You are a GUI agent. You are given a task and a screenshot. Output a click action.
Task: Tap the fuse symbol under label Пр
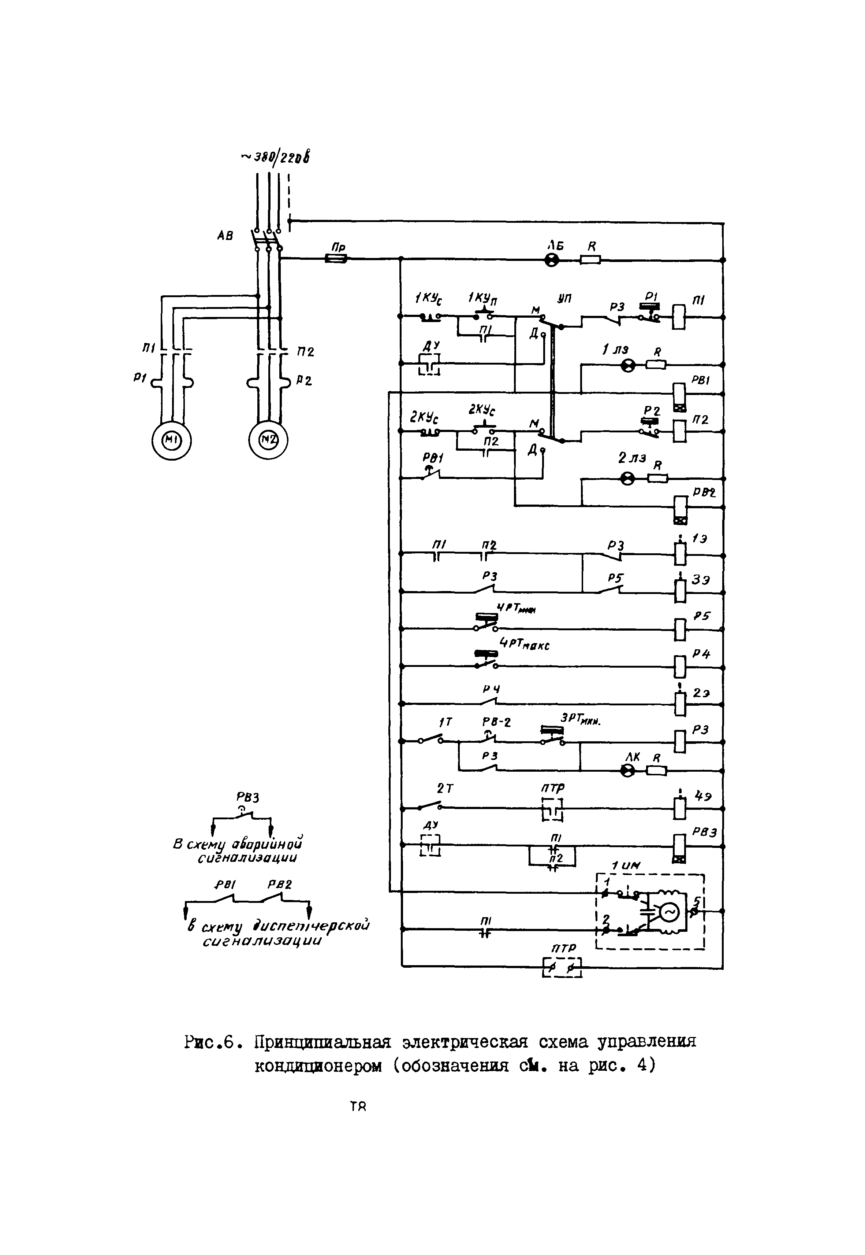click(x=336, y=260)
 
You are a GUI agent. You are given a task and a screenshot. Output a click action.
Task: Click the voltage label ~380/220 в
click(x=276, y=157)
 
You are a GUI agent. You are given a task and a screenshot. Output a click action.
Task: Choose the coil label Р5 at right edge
click(x=702, y=617)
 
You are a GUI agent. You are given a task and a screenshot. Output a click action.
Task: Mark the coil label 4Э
click(x=703, y=797)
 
